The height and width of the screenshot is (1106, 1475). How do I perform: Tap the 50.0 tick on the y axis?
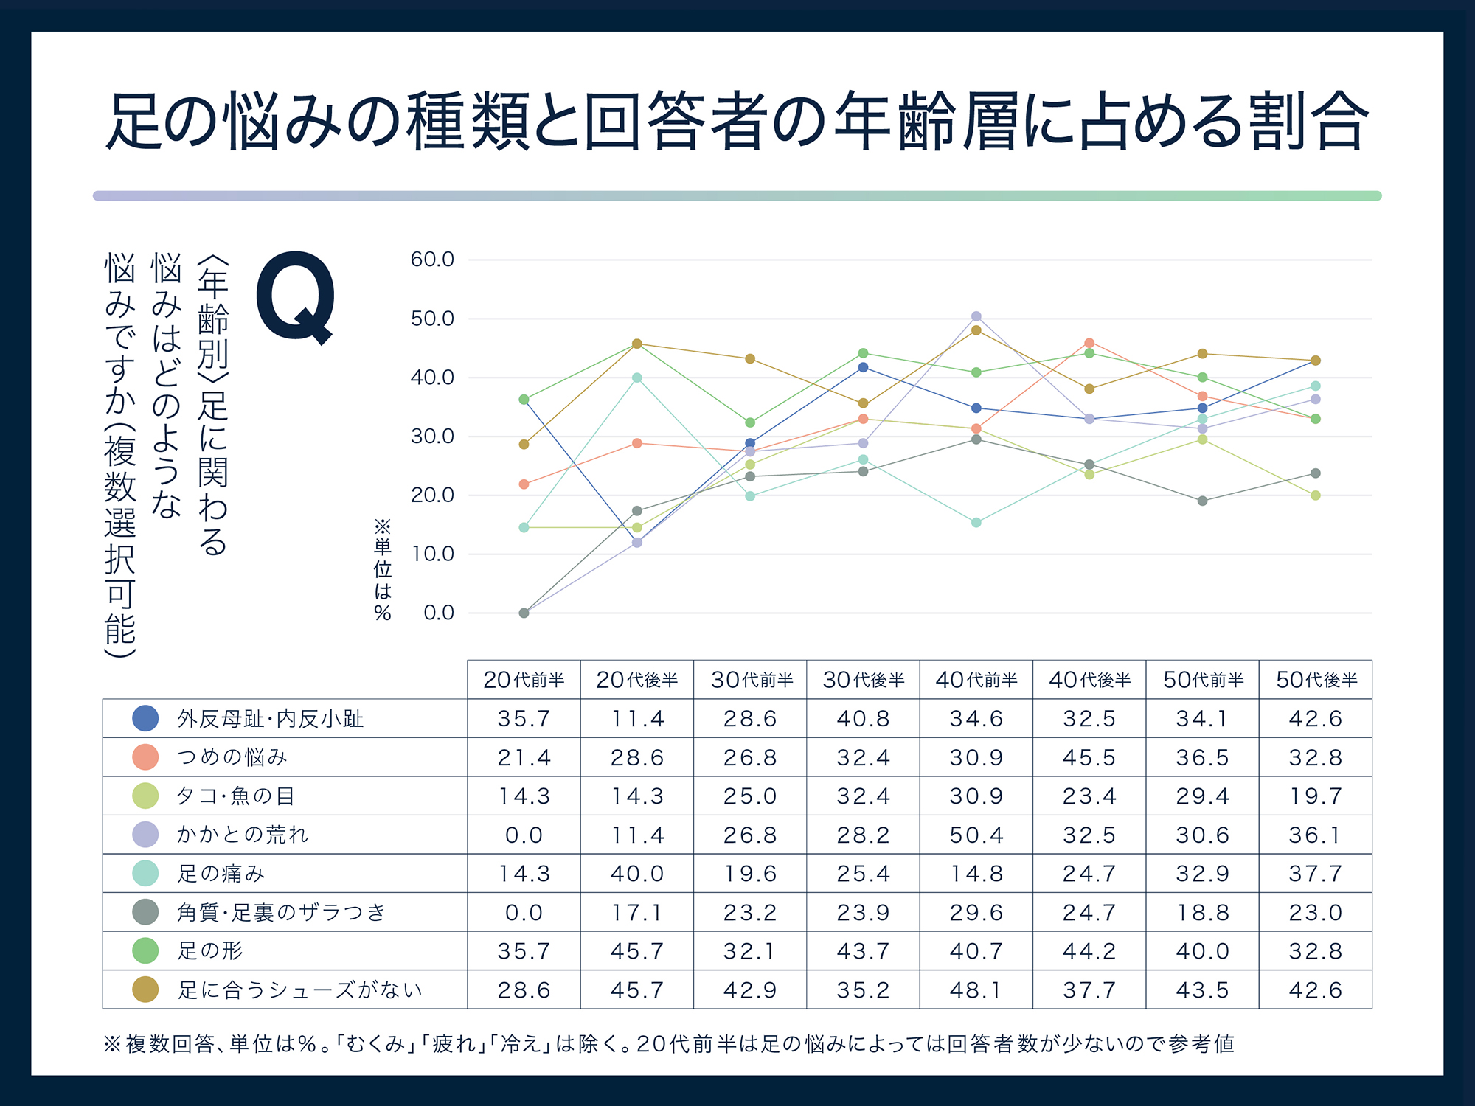(x=432, y=319)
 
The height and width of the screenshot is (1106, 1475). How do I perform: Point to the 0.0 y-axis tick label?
(x=439, y=613)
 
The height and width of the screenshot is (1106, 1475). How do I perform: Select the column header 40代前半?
(x=976, y=680)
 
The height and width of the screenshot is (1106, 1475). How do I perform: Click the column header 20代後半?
(x=636, y=680)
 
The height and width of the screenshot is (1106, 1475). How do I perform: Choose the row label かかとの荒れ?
(x=242, y=835)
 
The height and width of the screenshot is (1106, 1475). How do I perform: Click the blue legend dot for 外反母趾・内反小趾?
(x=145, y=718)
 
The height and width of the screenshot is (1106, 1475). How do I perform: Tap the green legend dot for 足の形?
(x=145, y=950)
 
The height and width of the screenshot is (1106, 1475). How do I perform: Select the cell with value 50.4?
(x=976, y=835)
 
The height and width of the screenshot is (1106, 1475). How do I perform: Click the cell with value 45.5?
(x=1089, y=757)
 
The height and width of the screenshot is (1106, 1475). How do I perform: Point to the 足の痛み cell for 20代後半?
(x=636, y=874)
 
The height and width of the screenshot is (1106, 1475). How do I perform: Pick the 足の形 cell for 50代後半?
(x=1315, y=950)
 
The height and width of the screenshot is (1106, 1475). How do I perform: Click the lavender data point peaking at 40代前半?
(x=976, y=316)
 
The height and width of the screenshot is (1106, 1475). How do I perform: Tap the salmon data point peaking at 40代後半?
(x=1089, y=343)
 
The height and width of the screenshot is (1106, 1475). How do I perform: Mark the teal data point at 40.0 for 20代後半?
(x=637, y=378)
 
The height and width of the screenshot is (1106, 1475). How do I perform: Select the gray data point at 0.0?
(x=524, y=613)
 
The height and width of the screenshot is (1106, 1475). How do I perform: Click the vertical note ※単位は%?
(x=382, y=570)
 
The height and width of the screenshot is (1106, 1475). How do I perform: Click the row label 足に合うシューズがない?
(x=299, y=990)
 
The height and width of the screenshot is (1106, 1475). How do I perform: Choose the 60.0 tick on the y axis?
(x=432, y=260)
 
